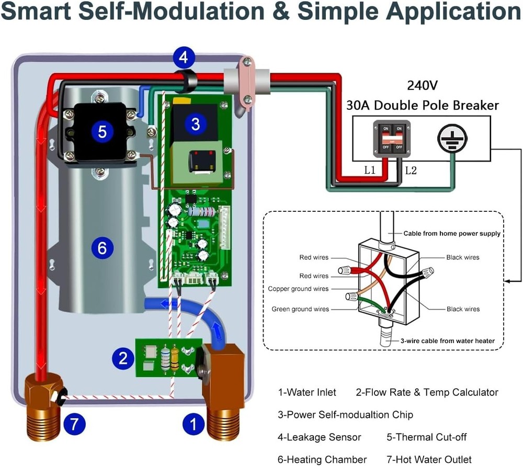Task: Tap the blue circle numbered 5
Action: (102, 132)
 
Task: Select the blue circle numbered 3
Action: (195, 124)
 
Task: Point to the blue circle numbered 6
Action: (102, 247)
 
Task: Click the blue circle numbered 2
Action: (123, 358)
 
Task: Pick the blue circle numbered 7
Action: (74, 425)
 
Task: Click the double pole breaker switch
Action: (391, 139)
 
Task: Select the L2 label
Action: (411, 171)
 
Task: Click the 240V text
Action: (422, 85)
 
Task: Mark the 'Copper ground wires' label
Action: (298, 289)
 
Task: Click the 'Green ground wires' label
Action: (300, 309)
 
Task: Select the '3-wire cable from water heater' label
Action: (447, 341)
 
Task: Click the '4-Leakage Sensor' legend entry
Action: (319, 437)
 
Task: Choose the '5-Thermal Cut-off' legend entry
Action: (426, 437)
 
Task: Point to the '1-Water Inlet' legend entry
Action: (306, 392)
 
